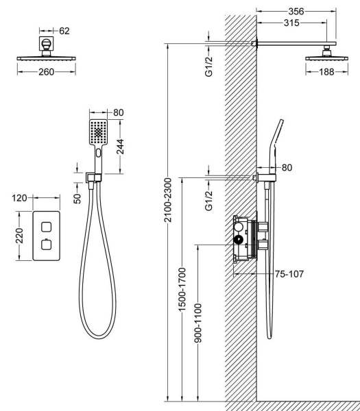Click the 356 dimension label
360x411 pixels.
coord(296,11)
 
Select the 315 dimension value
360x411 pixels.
coord(291,23)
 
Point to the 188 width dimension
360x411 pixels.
coord(326,72)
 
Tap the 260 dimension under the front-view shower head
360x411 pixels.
coord(47,72)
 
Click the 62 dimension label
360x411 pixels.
coord(64,31)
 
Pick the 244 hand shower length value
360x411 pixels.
coord(120,147)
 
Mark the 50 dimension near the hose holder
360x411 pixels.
coord(77,199)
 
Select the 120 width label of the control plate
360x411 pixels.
coord(19,198)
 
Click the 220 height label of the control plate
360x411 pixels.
coord(19,236)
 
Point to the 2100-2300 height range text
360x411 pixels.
coord(167,200)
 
